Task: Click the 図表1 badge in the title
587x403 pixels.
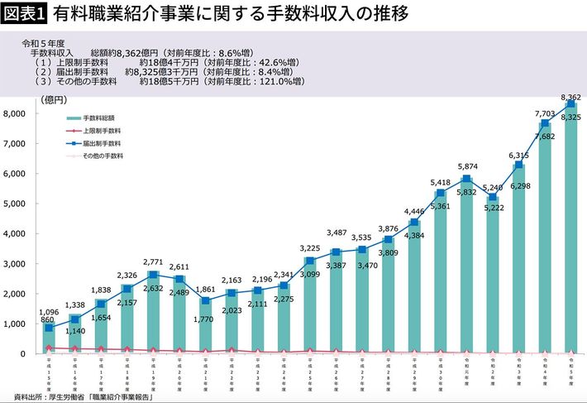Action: pyautogui.click(x=25, y=13)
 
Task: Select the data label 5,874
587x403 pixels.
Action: pyautogui.click(x=469, y=166)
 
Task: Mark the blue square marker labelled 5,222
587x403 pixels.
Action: pyautogui.click(x=494, y=197)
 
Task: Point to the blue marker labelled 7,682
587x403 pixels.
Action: pyautogui.click(x=545, y=123)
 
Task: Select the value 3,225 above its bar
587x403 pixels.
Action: pyautogui.click(x=308, y=247)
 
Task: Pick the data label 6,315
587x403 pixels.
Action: pyautogui.click(x=518, y=155)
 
